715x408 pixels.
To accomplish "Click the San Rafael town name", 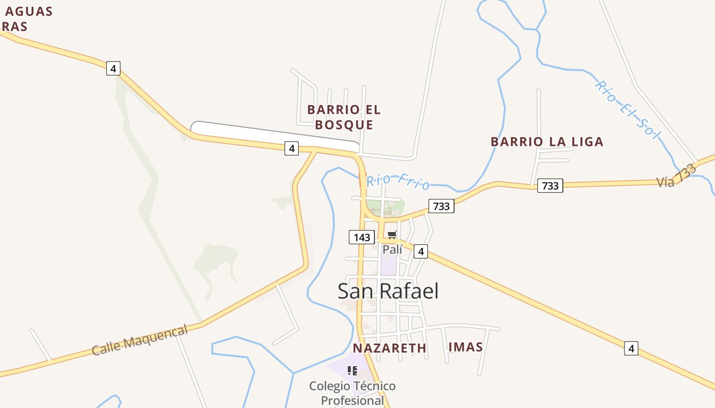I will [388, 291].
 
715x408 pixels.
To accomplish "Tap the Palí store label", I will [392, 249].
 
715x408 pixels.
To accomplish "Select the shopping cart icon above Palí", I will [392, 235].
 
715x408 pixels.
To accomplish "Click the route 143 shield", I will [362, 237].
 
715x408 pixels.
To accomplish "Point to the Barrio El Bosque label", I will [344, 117].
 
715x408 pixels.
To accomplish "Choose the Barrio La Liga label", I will [547, 142].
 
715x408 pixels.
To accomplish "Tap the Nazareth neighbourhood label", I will [389, 348].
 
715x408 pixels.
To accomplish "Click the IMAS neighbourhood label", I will [465, 347].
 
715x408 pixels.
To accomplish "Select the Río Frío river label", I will [398, 181].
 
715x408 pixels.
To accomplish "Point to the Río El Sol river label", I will [627, 109].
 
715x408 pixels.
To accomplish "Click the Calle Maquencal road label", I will [139, 341].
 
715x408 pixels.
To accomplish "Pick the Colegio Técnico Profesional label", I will [352, 393].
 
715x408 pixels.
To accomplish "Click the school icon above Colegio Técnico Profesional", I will [352, 371].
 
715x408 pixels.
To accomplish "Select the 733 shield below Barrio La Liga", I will [550, 186].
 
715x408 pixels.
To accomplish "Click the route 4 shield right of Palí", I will [421, 251].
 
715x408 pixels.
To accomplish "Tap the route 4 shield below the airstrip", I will [292, 148].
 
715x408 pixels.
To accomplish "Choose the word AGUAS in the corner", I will [29, 11].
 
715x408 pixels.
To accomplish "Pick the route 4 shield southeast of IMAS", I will [631, 349].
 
